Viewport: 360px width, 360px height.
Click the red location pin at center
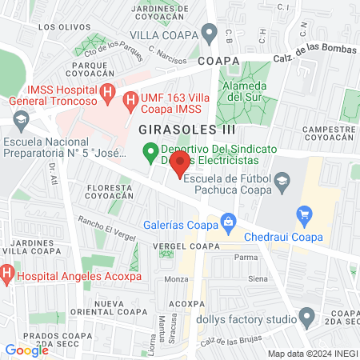pyautogui.click(x=180, y=164)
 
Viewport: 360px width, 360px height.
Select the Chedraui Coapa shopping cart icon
pyautogui.click(x=303, y=214)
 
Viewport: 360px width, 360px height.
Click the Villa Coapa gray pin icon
pyautogui.click(x=210, y=34)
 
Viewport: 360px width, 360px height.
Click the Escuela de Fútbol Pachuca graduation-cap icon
pyautogui.click(x=282, y=185)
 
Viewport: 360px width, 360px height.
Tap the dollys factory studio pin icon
pyautogui.click(x=305, y=317)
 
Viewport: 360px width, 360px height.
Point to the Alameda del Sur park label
pyautogui.click(x=246, y=91)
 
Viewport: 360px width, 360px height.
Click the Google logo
pyautogui.click(x=26, y=350)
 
